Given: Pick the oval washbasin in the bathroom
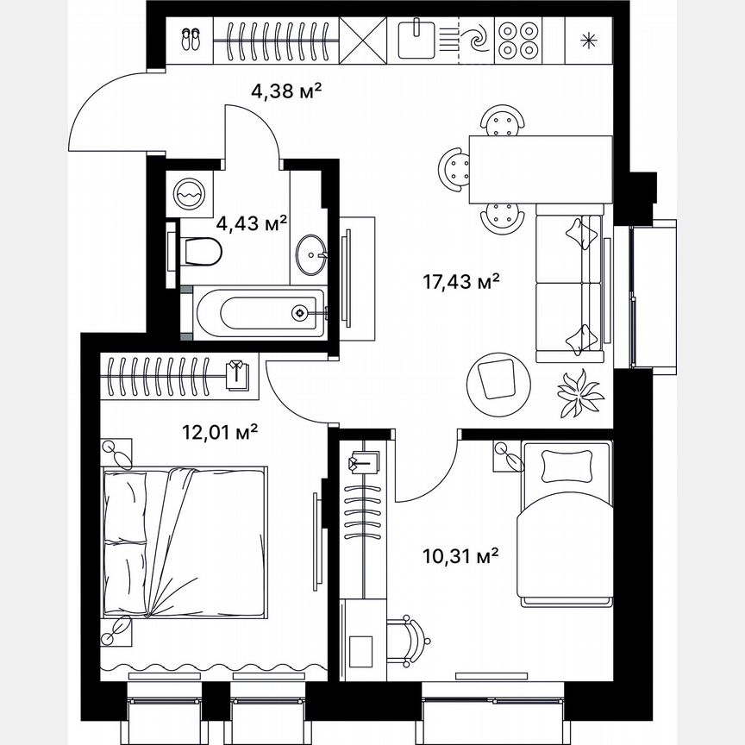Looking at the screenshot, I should coord(310,255).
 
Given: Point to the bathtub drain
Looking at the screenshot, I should coord(300,312).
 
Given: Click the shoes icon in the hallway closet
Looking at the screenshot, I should coord(191,39).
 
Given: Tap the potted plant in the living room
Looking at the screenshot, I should coord(580,393).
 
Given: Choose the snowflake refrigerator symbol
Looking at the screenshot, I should coord(590,39).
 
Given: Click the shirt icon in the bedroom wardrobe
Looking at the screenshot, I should coord(236,375).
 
